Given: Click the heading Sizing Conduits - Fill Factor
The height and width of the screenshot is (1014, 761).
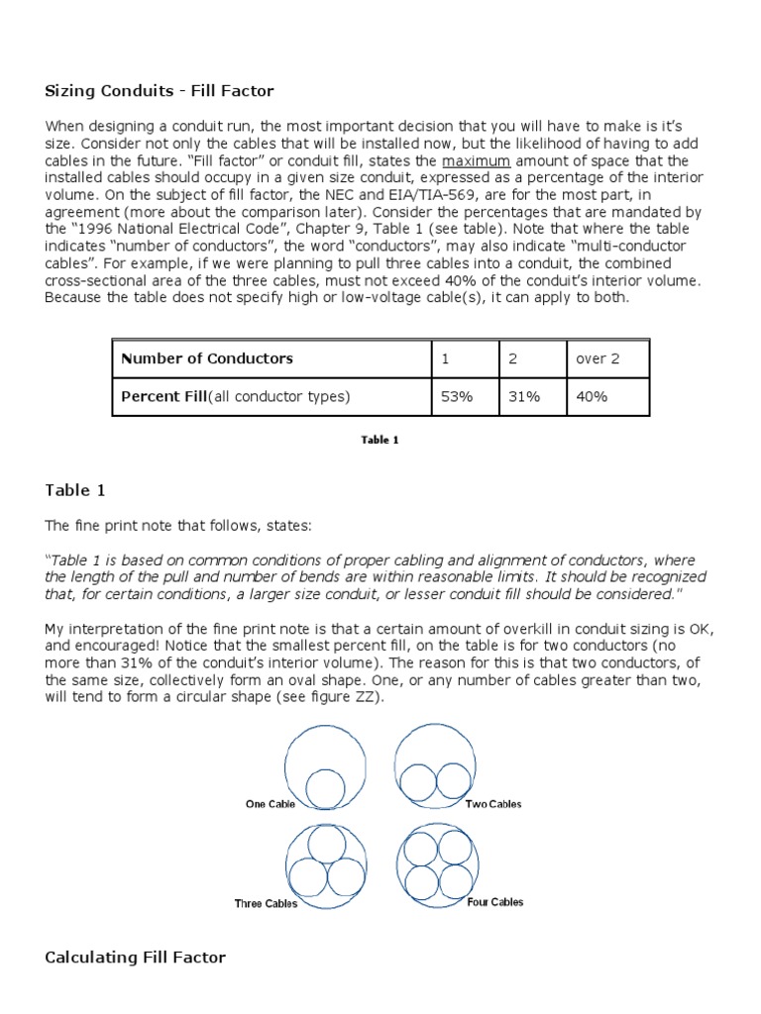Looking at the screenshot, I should (x=160, y=91).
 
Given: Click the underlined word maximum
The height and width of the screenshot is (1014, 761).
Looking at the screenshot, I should (x=477, y=160).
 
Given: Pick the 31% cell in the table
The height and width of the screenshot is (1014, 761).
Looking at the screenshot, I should (x=524, y=396).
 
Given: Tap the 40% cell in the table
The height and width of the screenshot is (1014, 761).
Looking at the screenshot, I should (x=592, y=396).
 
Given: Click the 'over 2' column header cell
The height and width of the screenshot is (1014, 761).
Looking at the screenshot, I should (x=598, y=358).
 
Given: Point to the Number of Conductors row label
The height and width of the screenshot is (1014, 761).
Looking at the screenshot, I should (x=207, y=358).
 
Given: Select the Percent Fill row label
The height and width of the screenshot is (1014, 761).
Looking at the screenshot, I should (x=236, y=396).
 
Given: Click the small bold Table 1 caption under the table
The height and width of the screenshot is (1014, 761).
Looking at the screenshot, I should (x=380, y=440).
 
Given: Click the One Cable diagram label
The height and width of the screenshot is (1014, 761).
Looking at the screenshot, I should (x=270, y=804).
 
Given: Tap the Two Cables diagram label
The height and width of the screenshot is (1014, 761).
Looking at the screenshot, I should (x=492, y=804).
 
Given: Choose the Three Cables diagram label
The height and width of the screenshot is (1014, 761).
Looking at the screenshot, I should (x=266, y=903).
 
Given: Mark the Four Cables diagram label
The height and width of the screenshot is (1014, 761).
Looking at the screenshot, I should (x=494, y=902).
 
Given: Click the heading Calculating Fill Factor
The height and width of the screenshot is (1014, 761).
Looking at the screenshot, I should (x=136, y=957).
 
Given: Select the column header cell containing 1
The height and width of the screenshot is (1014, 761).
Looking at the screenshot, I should (x=445, y=358).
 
